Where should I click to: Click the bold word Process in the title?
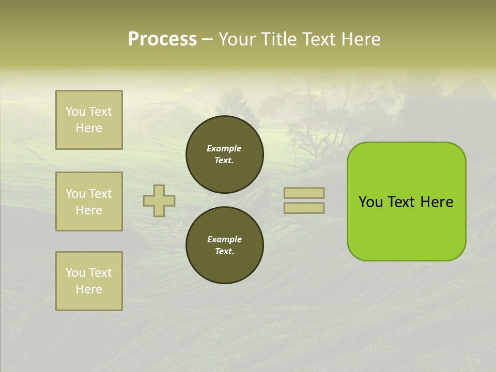pyautogui.click(x=162, y=39)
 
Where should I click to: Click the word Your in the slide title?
pyautogui.click(x=237, y=39)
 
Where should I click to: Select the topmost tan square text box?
pyautogui.click(x=89, y=120)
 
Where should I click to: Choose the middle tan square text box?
pyautogui.click(x=89, y=202)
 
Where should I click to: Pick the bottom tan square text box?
pyautogui.click(x=89, y=281)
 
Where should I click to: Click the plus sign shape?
pyautogui.click(x=159, y=200)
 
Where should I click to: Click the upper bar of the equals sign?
pyautogui.click(x=304, y=193)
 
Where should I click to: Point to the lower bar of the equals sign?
pyautogui.click(x=304, y=208)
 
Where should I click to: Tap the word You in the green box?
pyautogui.click(x=370, y=202)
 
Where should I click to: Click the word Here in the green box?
pyautogui.click(x=437, y=202)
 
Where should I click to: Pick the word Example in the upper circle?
pyautogui.click(x=224, y=148)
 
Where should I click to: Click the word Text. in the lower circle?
pyautogui.click(x=224, y=251)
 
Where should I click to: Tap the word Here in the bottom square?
pyautogui.click(x=89, y=289)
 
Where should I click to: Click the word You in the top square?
pyautogui.click(x=75, y=112)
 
